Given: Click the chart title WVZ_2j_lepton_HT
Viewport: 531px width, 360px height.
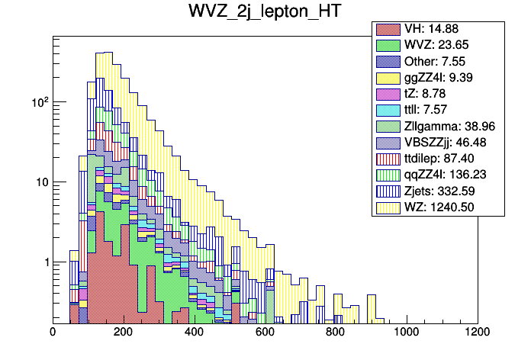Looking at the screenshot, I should pos(265,12).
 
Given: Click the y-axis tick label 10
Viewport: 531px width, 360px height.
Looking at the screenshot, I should pos(40,182).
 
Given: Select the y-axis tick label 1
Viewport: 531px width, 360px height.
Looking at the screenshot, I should pos(43,262).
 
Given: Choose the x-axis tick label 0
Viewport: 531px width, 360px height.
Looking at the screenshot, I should pos(53,332).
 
